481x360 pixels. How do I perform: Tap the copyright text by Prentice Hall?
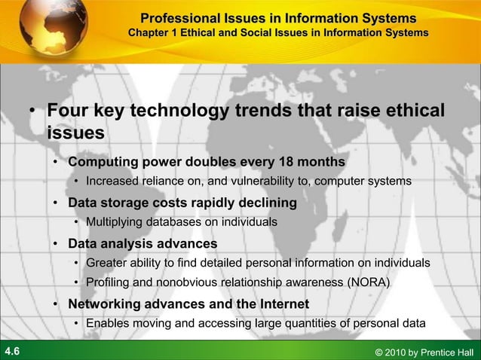click(x=423, y=352)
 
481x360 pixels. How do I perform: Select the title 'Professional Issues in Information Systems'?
click(x=278, y=17)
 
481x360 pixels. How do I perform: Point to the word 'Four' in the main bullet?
click(x=69, y=111)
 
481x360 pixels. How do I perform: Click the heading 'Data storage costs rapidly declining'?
click(x=182, y=203)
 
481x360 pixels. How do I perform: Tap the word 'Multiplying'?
click(x=116, y=222)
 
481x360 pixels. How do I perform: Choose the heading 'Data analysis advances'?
click(x=142, y=244)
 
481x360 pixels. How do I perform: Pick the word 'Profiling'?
click(x=109, y=282)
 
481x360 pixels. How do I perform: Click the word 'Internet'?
click(x=281, y=304)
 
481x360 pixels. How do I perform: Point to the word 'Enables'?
click(x=107, y=324)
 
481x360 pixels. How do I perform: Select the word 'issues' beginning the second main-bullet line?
click(x=75, y=133)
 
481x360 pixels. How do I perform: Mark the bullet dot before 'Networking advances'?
click(x=57, y=305)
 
